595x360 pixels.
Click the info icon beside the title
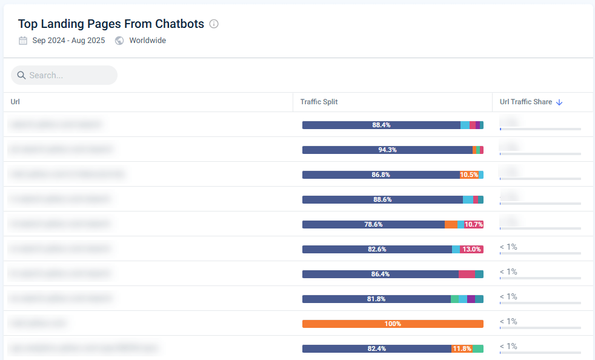pyautogui.click(x=214, y=24)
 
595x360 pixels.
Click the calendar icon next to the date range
pyautogui.click(x=23, y=41)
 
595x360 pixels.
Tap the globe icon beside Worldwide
pyautogui.click(x=119, y=41)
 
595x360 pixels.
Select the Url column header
pyautogui.click(x=15, y=102)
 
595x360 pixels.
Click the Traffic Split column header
pyautogui.click(x=319, y=102)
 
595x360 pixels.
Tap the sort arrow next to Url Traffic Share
pyautogui.click(x=559, y=102)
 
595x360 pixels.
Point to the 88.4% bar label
pyautogui.click(x=381, y=125)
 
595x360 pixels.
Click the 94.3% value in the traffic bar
pyautogui.click(x=387, y=150)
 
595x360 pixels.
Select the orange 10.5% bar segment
pyautogui.click(x=469, y=175)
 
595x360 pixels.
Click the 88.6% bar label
pyautogui.click(x=382, y=199)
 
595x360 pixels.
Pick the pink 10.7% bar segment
pyautogui.click(x=474, y=224)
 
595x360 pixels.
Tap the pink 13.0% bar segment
pyautogui.click(x=471, y=249)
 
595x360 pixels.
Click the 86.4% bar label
pyautogui.click(x=380, y=274)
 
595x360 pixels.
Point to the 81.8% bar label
pyautogui.click(x=376, y=299)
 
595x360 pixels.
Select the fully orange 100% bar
pyautogui.click(x=393, y=324)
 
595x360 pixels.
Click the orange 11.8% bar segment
pyautogui.click(x=462, y=348)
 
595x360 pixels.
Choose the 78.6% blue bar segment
pyautogui.click(x=373, y=224)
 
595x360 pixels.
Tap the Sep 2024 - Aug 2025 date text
pyautogui.click(x=68, y=41)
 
